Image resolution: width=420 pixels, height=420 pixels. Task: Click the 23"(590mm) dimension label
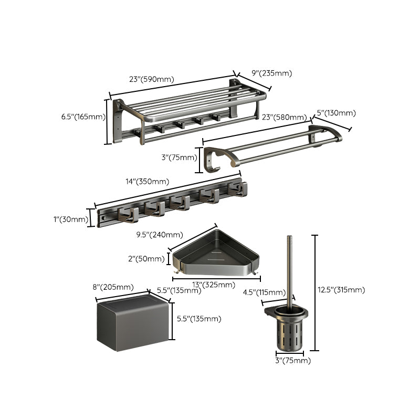tap(152, 80)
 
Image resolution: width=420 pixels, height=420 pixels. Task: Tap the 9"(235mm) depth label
tap(271, 73)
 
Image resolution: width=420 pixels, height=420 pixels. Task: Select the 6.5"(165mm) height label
tap(83, 117)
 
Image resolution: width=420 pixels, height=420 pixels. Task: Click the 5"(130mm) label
tap(336, 113)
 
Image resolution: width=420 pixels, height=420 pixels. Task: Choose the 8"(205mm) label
tap(113, 287)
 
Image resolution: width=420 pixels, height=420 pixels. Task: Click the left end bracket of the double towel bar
tap(213, 159)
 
